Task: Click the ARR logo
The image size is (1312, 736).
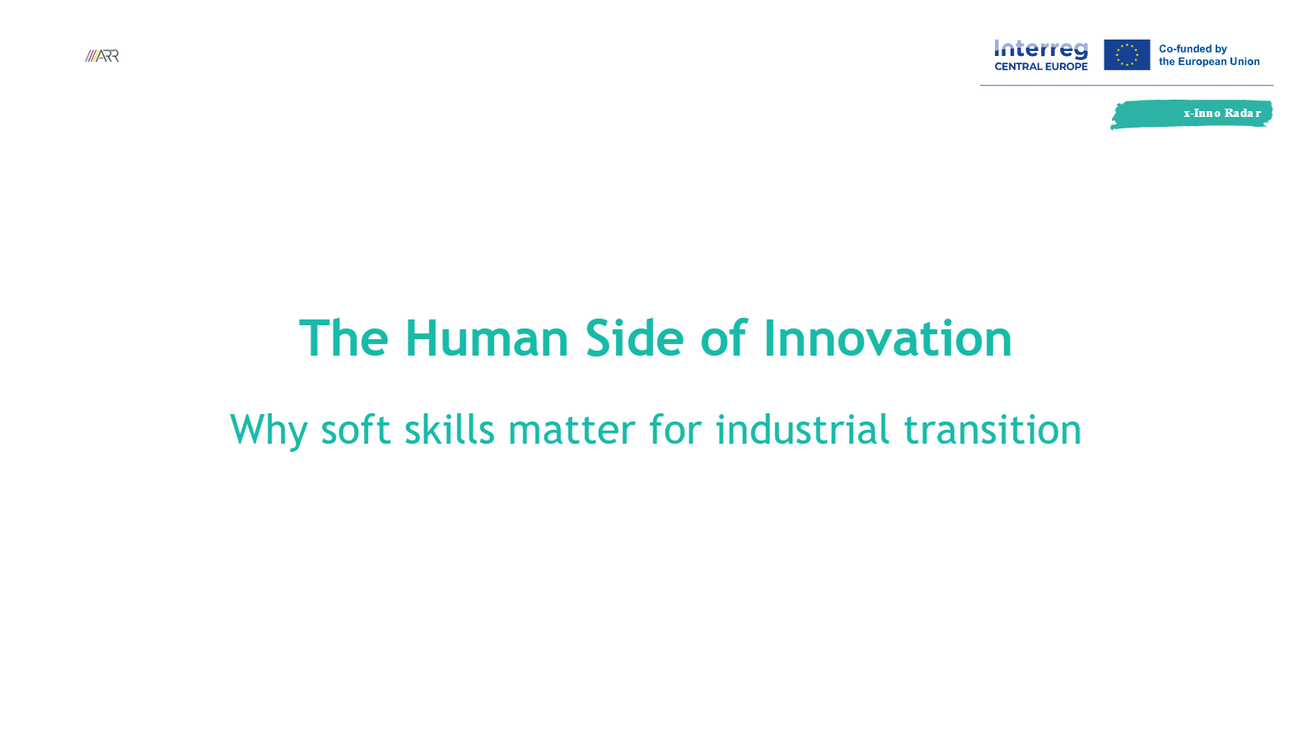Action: coord(102,56)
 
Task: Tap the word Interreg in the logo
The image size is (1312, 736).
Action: coord(1041,49)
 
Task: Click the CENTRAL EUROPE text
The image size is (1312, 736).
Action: coord(1041,67)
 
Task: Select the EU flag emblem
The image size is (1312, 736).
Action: coord(1127,55)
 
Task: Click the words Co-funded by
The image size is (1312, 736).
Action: coord(1193,49)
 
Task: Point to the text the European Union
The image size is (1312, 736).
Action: coord(1209,62)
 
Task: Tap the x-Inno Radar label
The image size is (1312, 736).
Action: coord(1221,114)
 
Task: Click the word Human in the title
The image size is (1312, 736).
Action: coord(486,338)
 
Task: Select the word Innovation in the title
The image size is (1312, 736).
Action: coord(887,338)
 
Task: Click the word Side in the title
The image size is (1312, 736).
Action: coord(634,338)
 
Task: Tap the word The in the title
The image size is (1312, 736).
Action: coord(343,338)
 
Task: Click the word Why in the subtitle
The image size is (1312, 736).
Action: coord(268,431)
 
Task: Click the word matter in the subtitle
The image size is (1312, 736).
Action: coord(572,431)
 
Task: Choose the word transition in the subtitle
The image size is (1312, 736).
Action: coord(992,431)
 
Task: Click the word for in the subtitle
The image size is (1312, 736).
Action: coord(675,431)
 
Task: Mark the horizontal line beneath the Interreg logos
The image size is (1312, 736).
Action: coord(1127,85)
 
